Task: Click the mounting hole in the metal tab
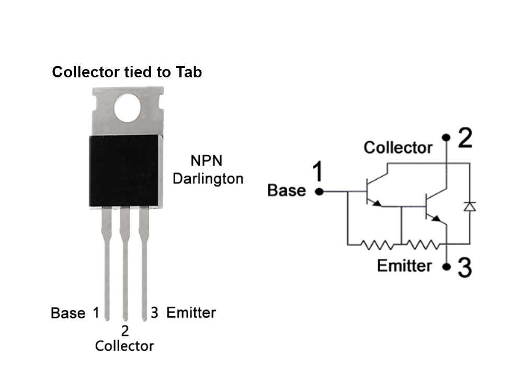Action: pos(127,108)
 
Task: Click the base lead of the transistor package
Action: pos(107,263)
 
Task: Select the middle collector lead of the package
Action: pos(125,263)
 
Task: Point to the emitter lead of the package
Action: pos(144,263)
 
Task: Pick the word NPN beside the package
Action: pos(207,160)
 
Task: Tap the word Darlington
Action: pos(208,179)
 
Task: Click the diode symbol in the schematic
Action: pos(470,206)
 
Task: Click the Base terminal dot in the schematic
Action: pos(319,192)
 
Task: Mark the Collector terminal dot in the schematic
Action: pos(446,137)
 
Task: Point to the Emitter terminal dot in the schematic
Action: pos(446,267)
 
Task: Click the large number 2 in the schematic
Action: pos(465,138)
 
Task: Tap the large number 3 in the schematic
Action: pos(464,267)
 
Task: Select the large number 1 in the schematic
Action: pos(319,171)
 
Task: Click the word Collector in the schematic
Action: pos(398,148)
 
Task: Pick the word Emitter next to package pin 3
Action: pos(191,313)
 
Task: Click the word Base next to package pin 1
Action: pos(68,313)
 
